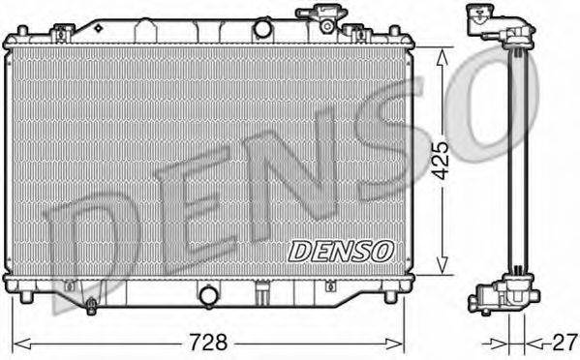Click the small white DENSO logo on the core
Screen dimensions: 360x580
(x=340, y=249)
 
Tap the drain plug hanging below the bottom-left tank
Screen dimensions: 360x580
(x=89, y=307)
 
